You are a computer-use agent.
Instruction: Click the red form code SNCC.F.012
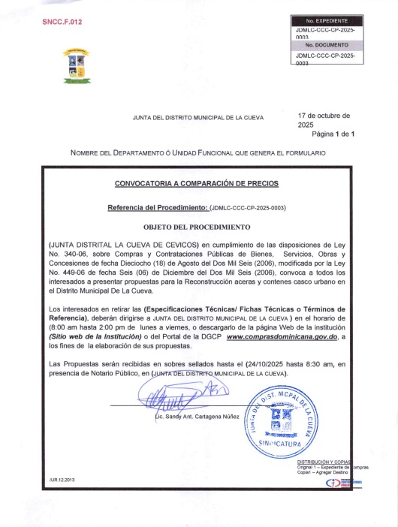tap(62, 23)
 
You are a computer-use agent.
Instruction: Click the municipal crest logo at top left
tap(76, 67)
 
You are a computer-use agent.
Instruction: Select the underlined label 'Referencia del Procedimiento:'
tap(157, 206)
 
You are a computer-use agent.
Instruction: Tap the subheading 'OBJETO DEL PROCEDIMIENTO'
tap(196, 226)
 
